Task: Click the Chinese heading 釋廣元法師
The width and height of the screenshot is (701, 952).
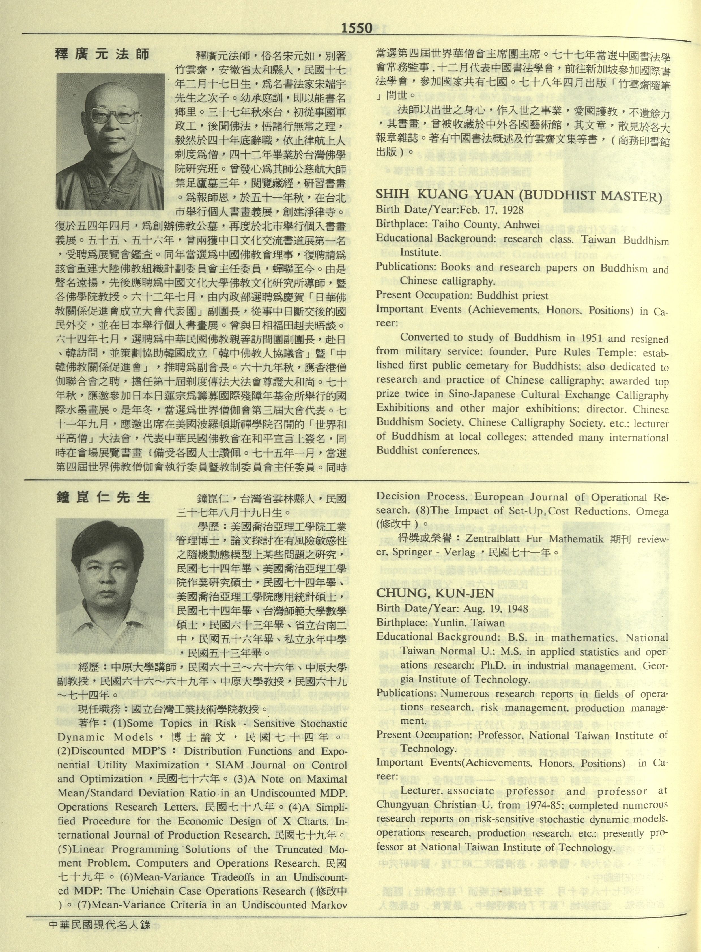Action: click(x=103, y=54)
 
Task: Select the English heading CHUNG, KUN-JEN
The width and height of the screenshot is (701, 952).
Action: click(x=435, y=593)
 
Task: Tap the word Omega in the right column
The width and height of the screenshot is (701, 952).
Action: click(x=654, y=512)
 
